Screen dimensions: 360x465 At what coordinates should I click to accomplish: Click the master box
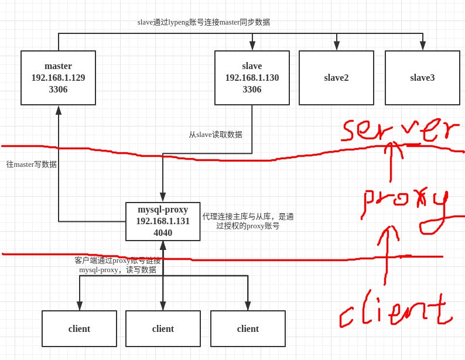pos(58,77)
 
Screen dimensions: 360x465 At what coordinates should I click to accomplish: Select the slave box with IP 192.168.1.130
pos(252,77)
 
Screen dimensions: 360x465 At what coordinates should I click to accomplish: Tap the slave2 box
pos(336,77)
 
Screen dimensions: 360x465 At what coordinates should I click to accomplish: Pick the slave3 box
pos(422,77)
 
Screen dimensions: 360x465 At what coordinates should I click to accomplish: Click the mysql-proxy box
pos(163,221)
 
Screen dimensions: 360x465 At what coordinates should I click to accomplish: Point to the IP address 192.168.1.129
pos(58,78)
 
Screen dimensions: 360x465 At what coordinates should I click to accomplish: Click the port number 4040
pos(163,233)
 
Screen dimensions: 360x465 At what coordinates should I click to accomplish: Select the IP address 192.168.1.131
pos(163,221)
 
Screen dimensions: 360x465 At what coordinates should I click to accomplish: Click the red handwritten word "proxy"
pos(404,205)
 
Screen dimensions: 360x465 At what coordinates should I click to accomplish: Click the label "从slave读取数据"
pos(215,135)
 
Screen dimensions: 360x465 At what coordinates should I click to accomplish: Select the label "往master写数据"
pos(32,164)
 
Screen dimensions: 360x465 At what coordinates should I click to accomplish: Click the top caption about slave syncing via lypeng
pos(203,22)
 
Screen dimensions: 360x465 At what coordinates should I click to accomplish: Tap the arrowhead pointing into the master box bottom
pos(59,109)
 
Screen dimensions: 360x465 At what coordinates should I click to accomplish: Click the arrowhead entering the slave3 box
pos(422,46)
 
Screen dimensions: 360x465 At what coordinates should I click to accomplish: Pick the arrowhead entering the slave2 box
pos(336,46)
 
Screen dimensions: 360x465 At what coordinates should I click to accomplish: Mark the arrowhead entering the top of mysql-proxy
pos(163,198)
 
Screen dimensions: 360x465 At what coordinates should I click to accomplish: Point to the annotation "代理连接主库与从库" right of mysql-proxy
pos(248,217)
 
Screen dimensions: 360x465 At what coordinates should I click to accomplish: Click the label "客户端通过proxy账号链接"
pos(117,260)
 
